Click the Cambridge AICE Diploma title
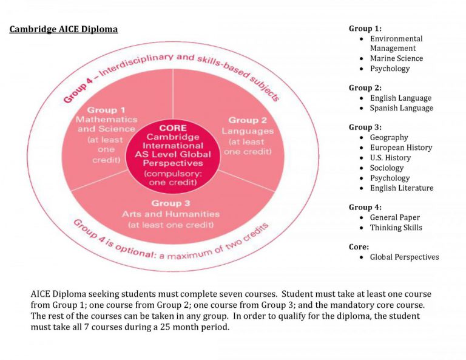(64, 29)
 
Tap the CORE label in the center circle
(173, 128)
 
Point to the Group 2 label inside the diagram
(248, 120)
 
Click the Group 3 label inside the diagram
(171, 203)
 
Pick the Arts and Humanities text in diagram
(171, 214)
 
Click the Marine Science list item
(396, 59)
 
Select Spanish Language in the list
(401, 108)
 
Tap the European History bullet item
(401, 148)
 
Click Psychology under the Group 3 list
(390, 178)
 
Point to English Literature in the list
(402, 188)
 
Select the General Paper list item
(394, 217)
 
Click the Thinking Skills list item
(396, 228)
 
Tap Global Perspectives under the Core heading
(404, 257)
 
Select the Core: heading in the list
(359, 247)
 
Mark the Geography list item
(389, 138)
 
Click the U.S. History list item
(390, 158)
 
